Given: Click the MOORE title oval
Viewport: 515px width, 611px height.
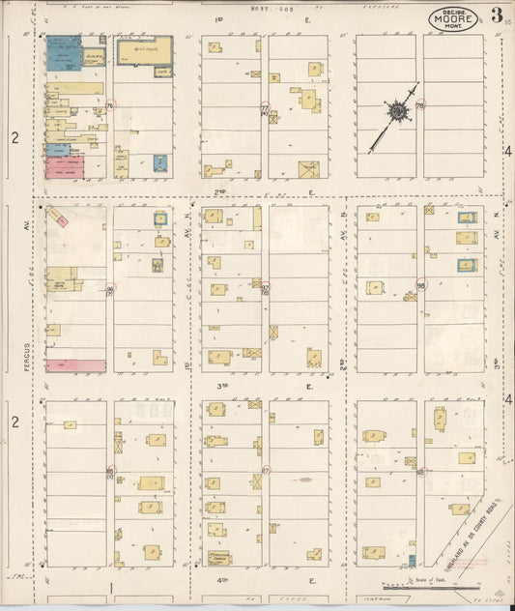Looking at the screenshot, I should click(x=453, y=17).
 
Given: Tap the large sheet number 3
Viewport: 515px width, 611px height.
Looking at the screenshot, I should click(x=496, y=15).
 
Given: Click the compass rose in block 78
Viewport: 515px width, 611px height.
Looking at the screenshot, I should click(x=396, y=112).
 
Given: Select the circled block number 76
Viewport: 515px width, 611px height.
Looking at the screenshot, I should click(x=110, y=105).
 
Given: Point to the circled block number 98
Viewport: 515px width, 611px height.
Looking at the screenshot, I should click(x=421, y=285).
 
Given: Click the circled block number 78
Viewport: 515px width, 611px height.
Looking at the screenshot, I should click(x=420, y=105).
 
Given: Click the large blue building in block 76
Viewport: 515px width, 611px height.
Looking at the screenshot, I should click(x=63, y=54).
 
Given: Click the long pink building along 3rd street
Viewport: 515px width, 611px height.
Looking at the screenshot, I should click(x=74, y=365).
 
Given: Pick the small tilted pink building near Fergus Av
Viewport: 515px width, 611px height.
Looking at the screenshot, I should click(x=60, y=219).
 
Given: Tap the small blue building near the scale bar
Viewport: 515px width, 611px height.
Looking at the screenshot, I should click(x=412, y=561).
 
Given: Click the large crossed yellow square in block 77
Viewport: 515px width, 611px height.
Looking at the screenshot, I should click(x=308, y=170).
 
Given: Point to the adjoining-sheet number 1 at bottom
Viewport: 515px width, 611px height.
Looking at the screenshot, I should click(x=111, y=587).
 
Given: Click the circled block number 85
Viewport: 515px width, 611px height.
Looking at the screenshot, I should click(x=110, y=471).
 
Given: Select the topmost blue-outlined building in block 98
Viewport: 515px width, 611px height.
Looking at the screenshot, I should click(x=467, y=218).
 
